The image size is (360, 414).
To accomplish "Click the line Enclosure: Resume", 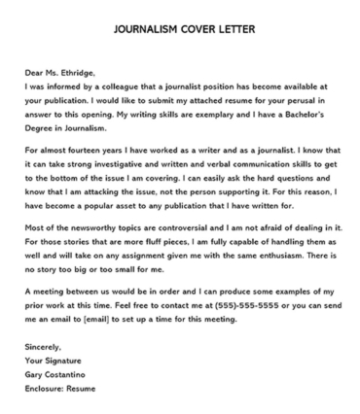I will [66, 404].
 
